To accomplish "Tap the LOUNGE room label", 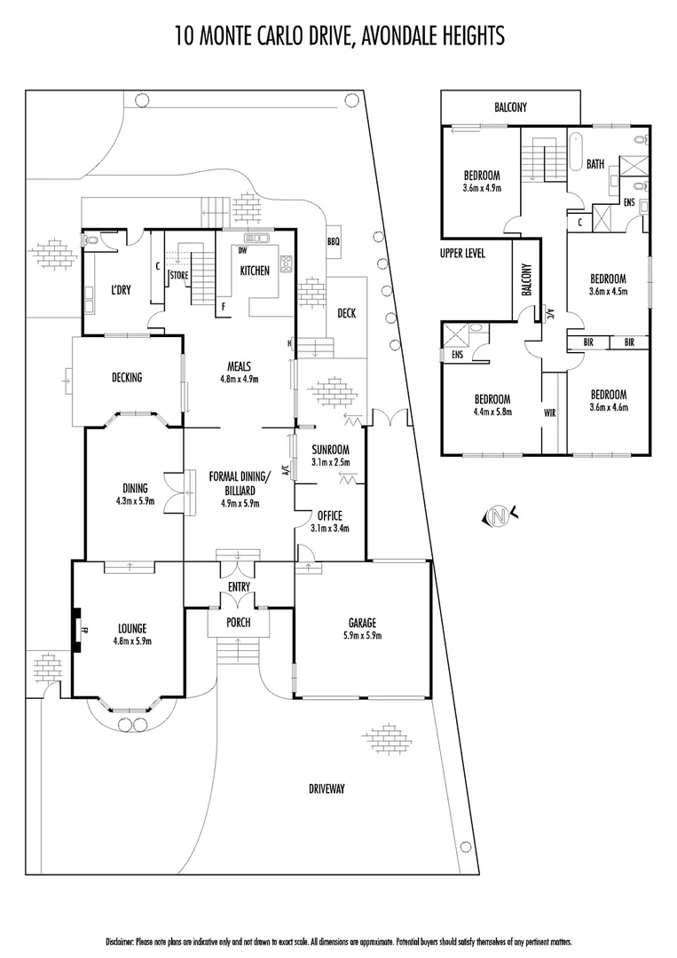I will point(130,628).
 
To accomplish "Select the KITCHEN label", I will point(255,271).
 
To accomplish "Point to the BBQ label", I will point(334,240).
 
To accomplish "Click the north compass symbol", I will point(500,514).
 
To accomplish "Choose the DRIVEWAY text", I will point(327,789).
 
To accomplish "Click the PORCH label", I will point(239,623).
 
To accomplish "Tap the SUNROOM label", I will point(329,450).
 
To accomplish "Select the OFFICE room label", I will point(329,515).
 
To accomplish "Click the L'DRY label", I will point(122,291).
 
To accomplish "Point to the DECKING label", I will point(127,378).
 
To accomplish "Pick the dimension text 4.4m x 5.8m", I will point(492,411).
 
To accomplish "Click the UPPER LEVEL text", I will point(462,254).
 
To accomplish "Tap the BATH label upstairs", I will point(596,164).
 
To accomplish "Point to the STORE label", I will point(178,275).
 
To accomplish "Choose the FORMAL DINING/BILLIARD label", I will point(240,483).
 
